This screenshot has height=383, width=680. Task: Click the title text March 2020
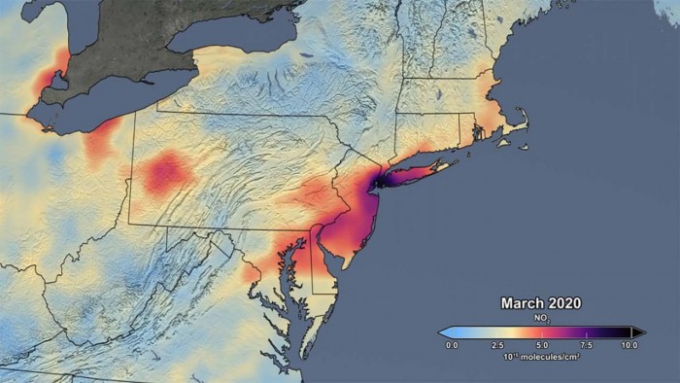(541, 303)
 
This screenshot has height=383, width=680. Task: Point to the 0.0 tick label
(451, 345)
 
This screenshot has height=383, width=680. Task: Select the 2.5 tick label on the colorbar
(495, 345)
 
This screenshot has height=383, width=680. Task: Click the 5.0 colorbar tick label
(541, 345)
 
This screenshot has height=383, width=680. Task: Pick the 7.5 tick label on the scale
(586, 345)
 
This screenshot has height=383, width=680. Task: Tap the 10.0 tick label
(629, 345)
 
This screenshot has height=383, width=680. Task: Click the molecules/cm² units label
(541, 357)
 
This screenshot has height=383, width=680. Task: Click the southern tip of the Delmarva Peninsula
(305, 354)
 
